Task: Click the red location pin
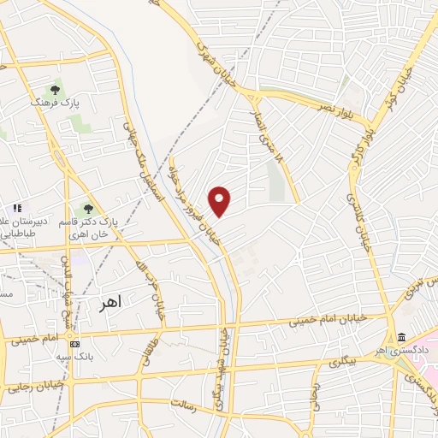tap(220, 201)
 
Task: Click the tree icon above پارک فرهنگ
tap(56, 89)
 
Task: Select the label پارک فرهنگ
tap(54, 103)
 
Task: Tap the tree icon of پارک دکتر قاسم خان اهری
tap(88, 209)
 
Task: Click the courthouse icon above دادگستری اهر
tap(401, 337)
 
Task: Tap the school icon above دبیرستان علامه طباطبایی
tap(15, 208)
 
